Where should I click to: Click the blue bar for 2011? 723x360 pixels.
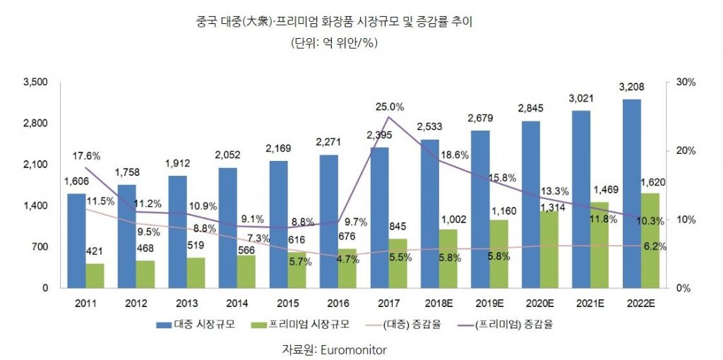76,240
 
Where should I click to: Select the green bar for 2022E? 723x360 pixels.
651,240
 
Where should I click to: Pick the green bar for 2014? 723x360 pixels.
246,272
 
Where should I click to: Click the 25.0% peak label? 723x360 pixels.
389,107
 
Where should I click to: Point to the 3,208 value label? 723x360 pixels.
632,88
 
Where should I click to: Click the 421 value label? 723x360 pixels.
95,251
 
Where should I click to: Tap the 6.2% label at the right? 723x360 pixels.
655,246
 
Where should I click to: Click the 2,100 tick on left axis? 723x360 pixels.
35,164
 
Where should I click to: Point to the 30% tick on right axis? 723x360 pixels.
686,83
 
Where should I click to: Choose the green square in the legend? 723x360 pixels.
268,326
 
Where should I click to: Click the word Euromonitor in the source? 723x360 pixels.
354,349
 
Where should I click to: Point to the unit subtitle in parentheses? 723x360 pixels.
334,43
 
